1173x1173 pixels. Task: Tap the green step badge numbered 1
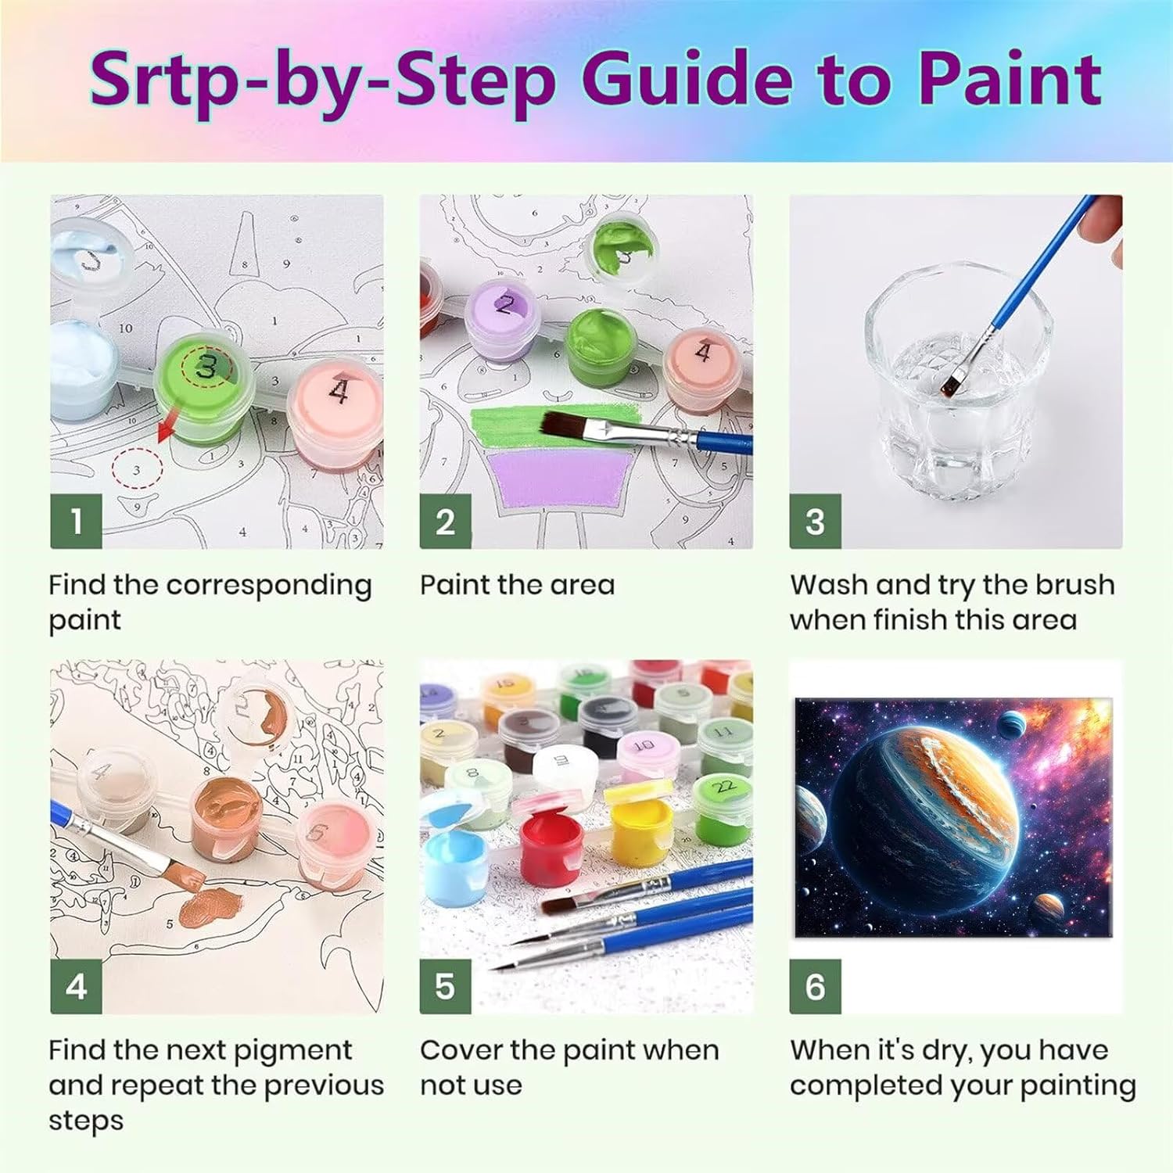click(x=76, y=522)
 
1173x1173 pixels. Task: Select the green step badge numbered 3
click(x=815, y=522)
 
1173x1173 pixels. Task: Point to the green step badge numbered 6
click(x=815, y=987)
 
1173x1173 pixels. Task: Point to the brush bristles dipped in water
click(x=953, y=383)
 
